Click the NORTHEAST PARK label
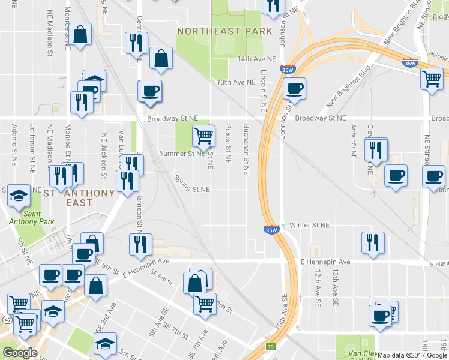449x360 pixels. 225,31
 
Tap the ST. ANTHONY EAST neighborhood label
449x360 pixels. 79,198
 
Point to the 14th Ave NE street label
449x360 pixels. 256,59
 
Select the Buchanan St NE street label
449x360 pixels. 246,149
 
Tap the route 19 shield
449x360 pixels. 271,347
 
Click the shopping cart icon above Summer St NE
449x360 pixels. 203,136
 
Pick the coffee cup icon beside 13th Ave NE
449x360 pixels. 294,89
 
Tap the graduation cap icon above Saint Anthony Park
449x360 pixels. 20,194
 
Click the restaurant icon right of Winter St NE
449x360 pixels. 373,242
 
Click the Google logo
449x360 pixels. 20,353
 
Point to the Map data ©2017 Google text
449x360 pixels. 412,355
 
